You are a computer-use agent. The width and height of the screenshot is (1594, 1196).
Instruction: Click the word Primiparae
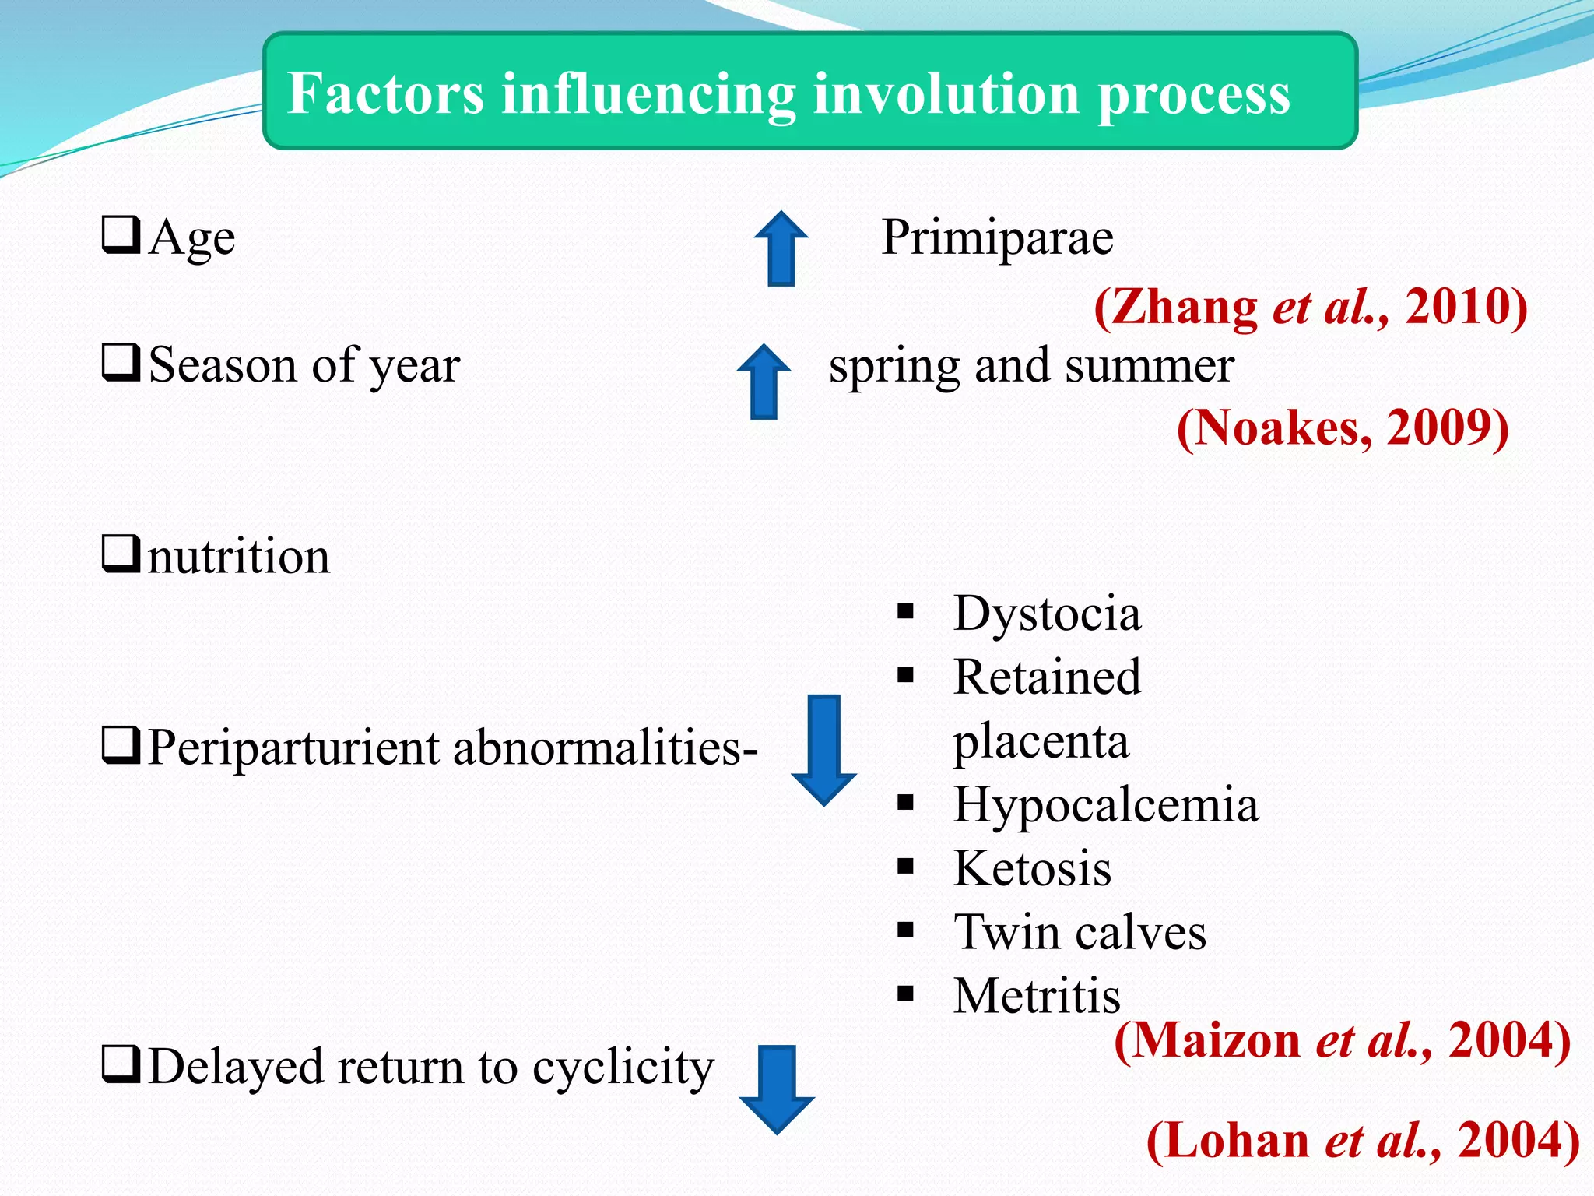[997, 237]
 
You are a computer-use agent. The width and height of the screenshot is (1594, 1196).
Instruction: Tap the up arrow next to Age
[781, 248]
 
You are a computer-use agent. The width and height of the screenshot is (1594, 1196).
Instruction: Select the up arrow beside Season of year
[764, 382]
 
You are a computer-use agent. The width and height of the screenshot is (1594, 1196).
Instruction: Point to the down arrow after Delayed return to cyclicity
[777, 1089]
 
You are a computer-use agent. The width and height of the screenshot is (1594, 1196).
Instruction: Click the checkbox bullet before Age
[121, 235]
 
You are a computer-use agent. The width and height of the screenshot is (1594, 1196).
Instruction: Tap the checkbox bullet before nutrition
[121, 554]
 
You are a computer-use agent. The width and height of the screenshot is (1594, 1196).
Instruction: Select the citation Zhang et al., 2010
[1311, 307]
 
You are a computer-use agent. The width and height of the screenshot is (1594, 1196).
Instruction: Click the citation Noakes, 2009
[1343, 427]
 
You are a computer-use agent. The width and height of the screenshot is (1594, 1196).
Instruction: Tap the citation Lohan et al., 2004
[1363, 1141]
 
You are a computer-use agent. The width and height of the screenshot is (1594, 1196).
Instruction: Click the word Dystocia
[1047, 614]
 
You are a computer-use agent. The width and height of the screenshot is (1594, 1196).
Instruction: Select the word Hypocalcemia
[1105, 805]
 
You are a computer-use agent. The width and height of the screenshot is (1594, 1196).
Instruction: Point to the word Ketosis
[1032, 869]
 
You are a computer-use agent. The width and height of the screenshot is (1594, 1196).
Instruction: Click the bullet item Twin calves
[1080, 933]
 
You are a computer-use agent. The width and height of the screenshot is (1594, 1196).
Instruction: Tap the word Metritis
[1037, 996]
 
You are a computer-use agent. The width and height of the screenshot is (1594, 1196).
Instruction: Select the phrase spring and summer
[1031, 366]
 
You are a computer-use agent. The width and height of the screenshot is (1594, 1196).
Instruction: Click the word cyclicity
[623, 1068]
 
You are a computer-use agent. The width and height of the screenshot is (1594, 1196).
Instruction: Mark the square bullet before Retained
[905, 675]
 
